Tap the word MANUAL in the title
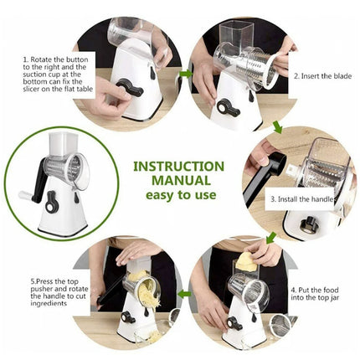[179, 179]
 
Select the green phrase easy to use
[179, 194]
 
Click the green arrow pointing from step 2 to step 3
[279, 127]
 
